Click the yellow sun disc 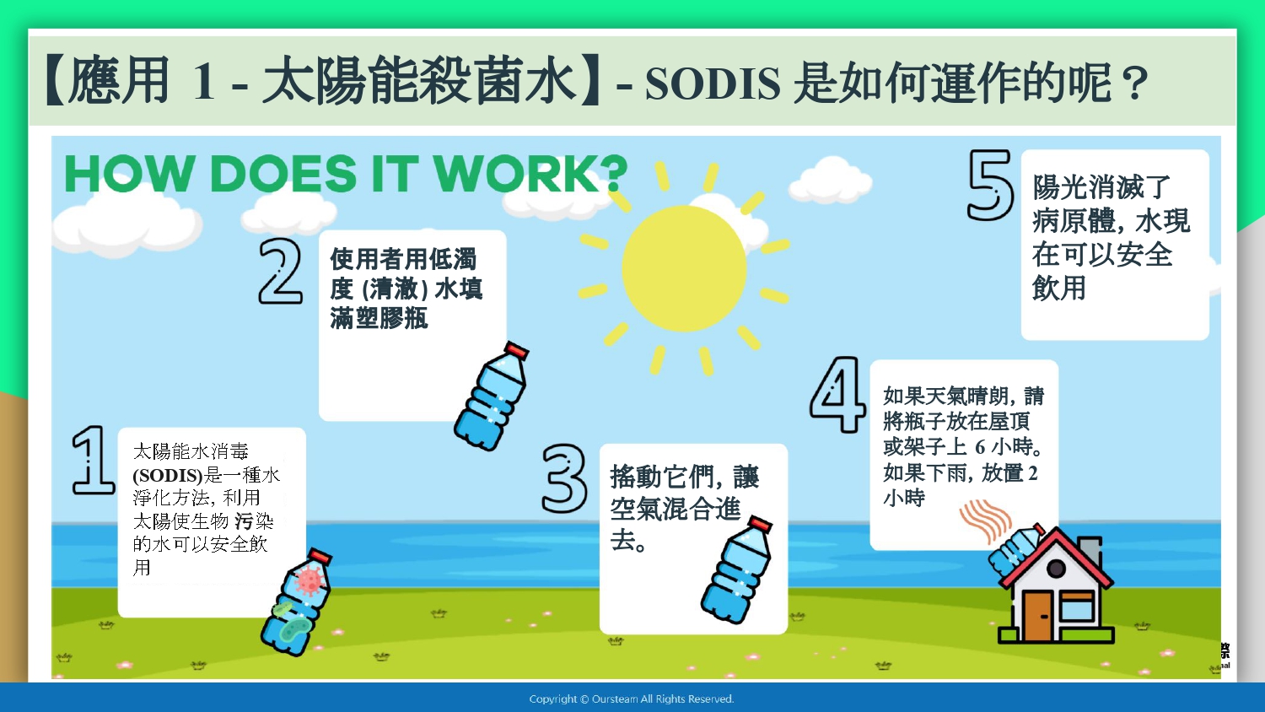coord(684,268)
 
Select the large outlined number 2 coord(280,272)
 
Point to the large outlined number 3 coord(564,478)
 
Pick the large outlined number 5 coord(990,184)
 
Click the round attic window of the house coord(1056,569)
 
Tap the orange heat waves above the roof coord(985,521)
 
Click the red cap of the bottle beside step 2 coord(516,350)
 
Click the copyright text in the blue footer coord(632,699)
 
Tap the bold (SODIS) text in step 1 coord(167,476)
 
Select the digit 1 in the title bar coord(204,83)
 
